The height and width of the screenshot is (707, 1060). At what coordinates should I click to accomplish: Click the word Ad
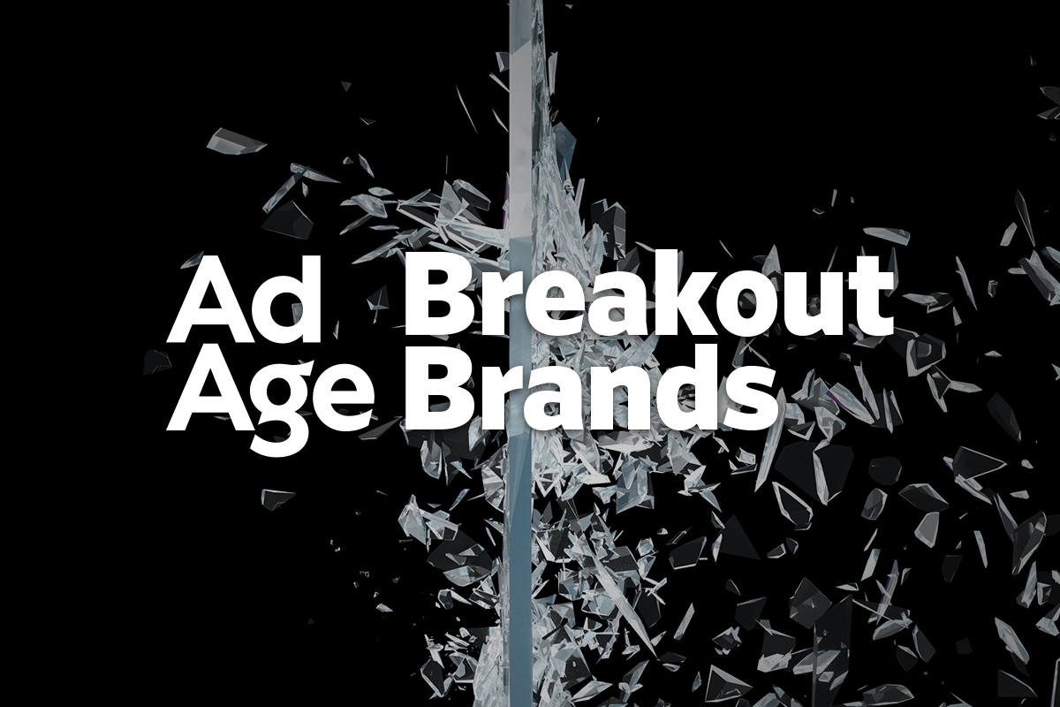pyautogui.click(x=245, y=299)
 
